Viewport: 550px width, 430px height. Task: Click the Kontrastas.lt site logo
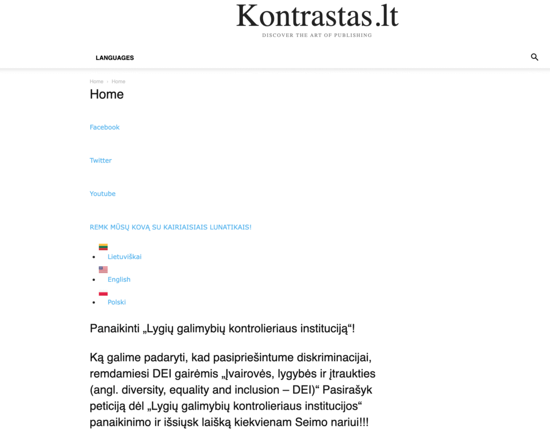pos(317,16)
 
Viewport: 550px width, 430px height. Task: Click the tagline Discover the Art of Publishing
pos(317,35)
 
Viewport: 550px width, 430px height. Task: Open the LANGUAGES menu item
pos(114,58)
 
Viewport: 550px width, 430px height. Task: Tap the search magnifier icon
pos(534,57)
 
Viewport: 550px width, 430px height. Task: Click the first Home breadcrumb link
pos(97,82)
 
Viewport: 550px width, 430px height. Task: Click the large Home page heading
pos(106,94)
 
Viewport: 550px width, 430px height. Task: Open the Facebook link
pos(104,127)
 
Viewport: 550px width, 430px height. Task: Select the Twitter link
pos(100,161)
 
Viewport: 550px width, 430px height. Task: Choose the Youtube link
pos(103,194)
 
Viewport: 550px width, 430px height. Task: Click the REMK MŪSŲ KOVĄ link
pos(170,227)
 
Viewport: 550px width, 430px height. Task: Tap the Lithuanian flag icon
pos(103,247)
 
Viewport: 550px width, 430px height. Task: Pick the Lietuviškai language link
pos(125,257)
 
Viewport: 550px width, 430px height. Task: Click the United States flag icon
pos(103,269)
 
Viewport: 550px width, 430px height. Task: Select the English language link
pos(119,279)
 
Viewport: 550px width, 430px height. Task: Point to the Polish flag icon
pos(103,293)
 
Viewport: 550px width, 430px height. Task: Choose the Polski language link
pos(117,302)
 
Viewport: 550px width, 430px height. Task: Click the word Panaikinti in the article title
pos(114,329)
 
